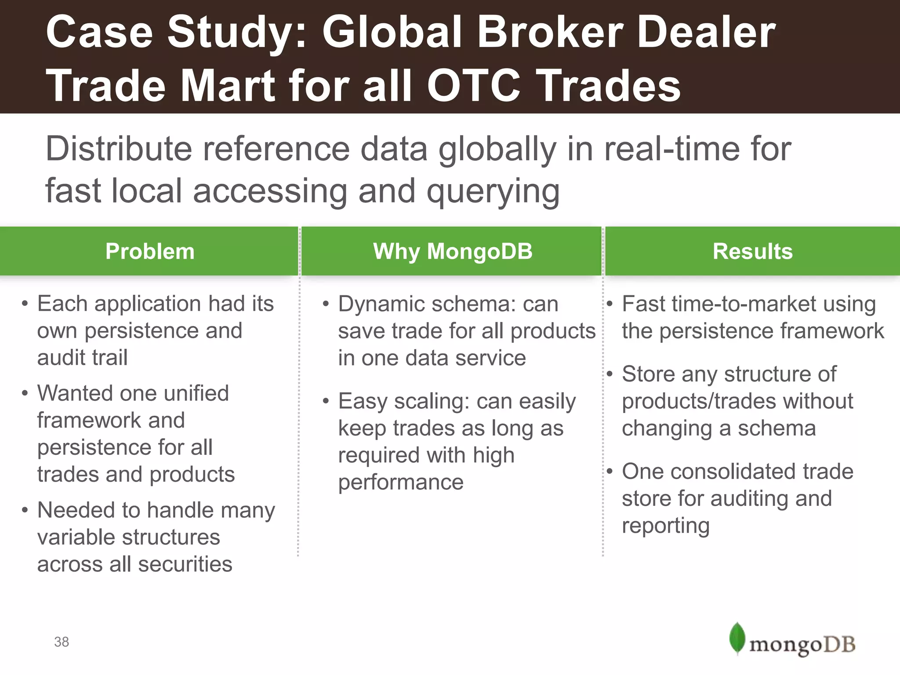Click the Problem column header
(x=149, y=252)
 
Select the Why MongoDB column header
(x=452, y=252)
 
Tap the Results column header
(x=752, y=252)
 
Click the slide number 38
(x=62, y=642)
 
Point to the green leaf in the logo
(x=737, y=638)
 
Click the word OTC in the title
(x=474, y=86)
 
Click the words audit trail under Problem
(x=82, y=357)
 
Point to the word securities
(x=185, y=564)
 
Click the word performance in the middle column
(x=400, y=483)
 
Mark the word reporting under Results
(x=665, y=526)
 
